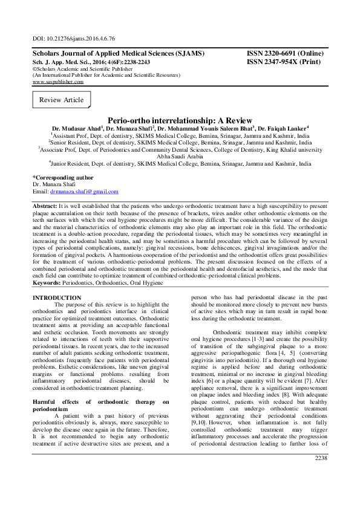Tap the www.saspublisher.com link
coord(57,82)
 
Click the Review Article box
coord(61,100)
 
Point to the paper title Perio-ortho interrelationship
coord(180,120)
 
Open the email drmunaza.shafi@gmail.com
coord(84,191)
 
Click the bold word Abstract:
coord(46,206)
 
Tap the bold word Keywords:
coord(49,282)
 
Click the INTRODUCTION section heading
coord(56,298)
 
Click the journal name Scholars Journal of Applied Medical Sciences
coord(118,54)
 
